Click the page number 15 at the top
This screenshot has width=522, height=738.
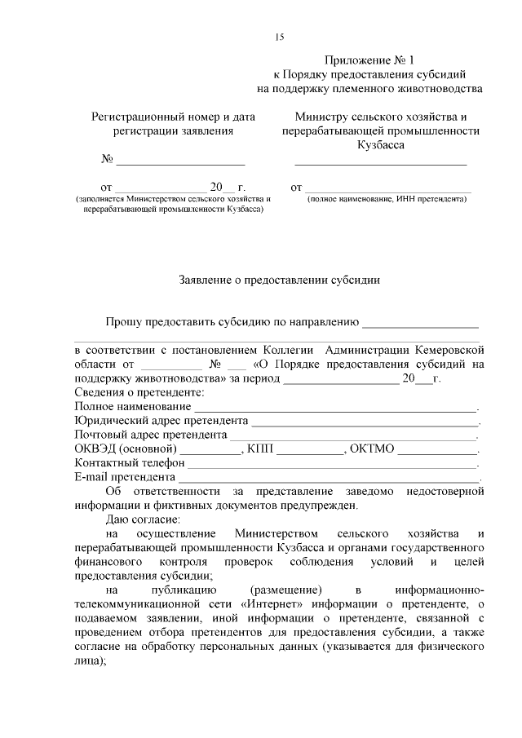coord(279,37)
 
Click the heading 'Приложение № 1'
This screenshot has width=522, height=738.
coord(369,60)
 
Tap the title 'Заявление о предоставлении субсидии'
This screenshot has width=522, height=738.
coord(280,280)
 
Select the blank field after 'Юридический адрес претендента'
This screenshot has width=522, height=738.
coord(365,422)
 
